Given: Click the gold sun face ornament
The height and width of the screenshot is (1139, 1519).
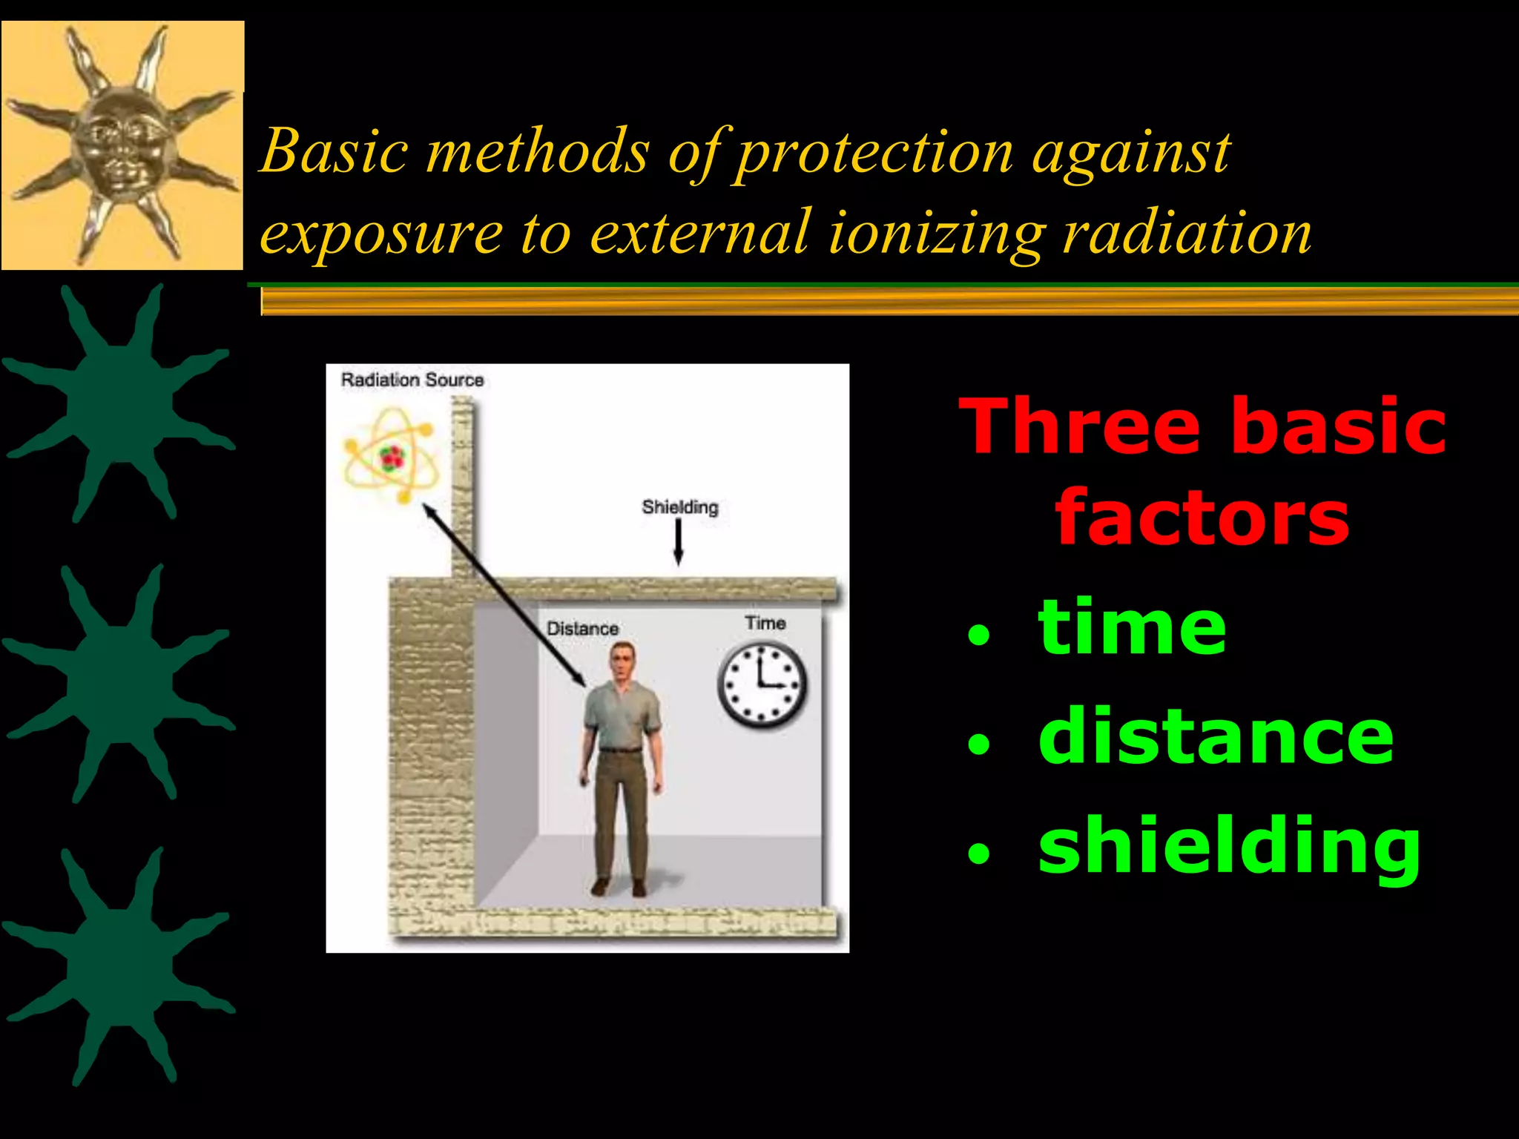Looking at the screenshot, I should tap(122, 145).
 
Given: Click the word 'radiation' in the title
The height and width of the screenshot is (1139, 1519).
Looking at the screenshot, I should tap(1187, 233).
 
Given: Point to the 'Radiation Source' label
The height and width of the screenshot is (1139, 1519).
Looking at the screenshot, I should tap(412, 380).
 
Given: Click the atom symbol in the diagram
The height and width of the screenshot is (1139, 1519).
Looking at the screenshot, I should tap(391, 458).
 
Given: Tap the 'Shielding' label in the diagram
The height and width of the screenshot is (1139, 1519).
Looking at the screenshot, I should tap(679, 507).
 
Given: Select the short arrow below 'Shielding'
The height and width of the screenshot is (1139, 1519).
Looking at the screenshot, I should tap(678, 542).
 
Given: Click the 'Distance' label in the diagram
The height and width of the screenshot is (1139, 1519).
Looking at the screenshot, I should tap(582, 628).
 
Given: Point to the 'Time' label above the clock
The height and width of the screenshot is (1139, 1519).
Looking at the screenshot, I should tap(765, 623).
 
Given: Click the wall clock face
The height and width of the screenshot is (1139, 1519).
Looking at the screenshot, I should tap(762, 684).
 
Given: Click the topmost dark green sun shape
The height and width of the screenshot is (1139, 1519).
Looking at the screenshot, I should tap(119, 404).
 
